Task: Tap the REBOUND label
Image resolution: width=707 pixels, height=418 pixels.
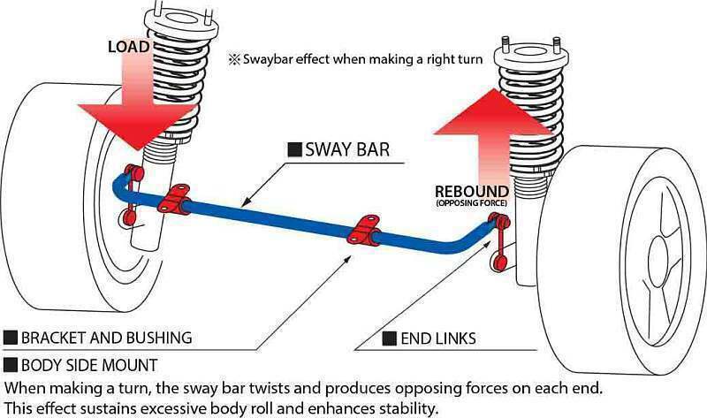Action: point(470,192)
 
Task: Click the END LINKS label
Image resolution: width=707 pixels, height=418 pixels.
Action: point(437,338)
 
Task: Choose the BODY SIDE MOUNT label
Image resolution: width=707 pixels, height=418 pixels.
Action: point(89,364)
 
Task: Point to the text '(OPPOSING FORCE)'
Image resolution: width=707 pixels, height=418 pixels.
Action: point(470,204)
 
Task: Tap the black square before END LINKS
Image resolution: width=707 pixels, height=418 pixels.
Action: point(387,338)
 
